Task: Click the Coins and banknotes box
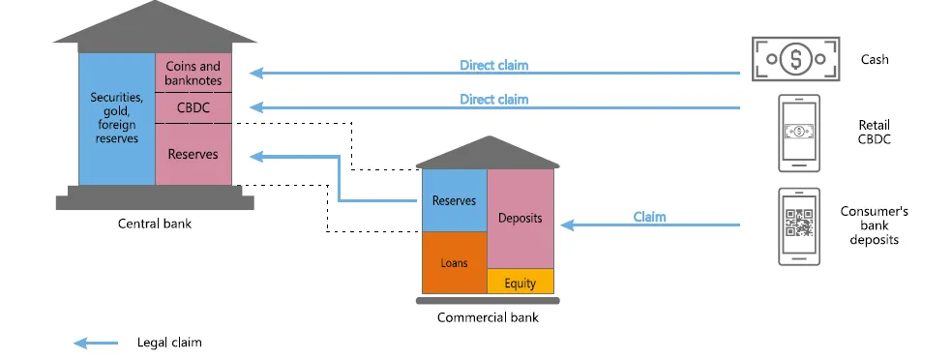(193, 73)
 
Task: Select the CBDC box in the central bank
(193, 107)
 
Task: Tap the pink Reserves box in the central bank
(193, 154)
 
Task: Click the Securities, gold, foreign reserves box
(116, 118)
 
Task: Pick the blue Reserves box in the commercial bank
(454, 200)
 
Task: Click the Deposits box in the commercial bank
(520, 219)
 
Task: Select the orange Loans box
(454, 262)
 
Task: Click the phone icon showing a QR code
(799, 226)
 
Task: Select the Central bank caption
(155, 224)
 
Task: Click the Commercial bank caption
(488, 317)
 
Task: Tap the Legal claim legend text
(169, 343)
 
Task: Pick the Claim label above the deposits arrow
(649, 216)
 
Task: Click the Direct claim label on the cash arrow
(493, 65)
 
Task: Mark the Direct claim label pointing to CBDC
(493, 99)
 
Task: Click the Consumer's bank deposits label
(874, 225)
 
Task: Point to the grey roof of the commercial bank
(488, 153)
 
